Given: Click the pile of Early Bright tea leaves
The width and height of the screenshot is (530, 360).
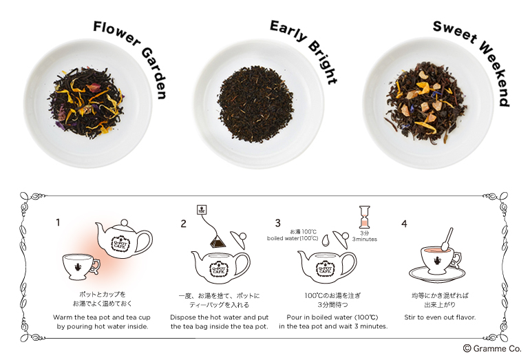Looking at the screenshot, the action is [x=255, y=104].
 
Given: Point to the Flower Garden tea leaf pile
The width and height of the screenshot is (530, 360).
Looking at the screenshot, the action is [x=87, y=103].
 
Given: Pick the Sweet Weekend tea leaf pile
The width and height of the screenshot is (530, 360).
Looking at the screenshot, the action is [x=427, y=107].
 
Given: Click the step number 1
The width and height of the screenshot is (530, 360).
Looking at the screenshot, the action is [x=58, y=222].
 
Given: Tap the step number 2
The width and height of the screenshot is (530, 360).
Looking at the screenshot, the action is [x=183, y=224].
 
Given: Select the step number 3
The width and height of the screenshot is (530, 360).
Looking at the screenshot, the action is [x=277, y=223].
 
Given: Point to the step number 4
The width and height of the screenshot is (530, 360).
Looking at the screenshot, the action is [x=404, y=224].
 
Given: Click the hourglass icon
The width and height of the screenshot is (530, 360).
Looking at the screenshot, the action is [x=364, y=217].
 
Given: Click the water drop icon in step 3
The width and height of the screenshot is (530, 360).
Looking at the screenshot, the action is [x=326, y=240].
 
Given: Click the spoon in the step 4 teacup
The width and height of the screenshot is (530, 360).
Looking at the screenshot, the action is [x=447, y=240].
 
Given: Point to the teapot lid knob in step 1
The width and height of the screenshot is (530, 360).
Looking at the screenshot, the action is [x=125, y=223].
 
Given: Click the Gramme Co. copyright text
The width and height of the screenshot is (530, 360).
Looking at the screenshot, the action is [x=492, y=348].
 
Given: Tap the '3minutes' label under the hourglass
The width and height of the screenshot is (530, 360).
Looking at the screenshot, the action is [x=364, y=240].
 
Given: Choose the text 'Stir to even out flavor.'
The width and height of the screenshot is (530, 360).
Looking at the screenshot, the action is [x=440, y=317].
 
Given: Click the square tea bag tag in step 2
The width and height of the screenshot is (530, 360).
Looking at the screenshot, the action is [x=202, y=209].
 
